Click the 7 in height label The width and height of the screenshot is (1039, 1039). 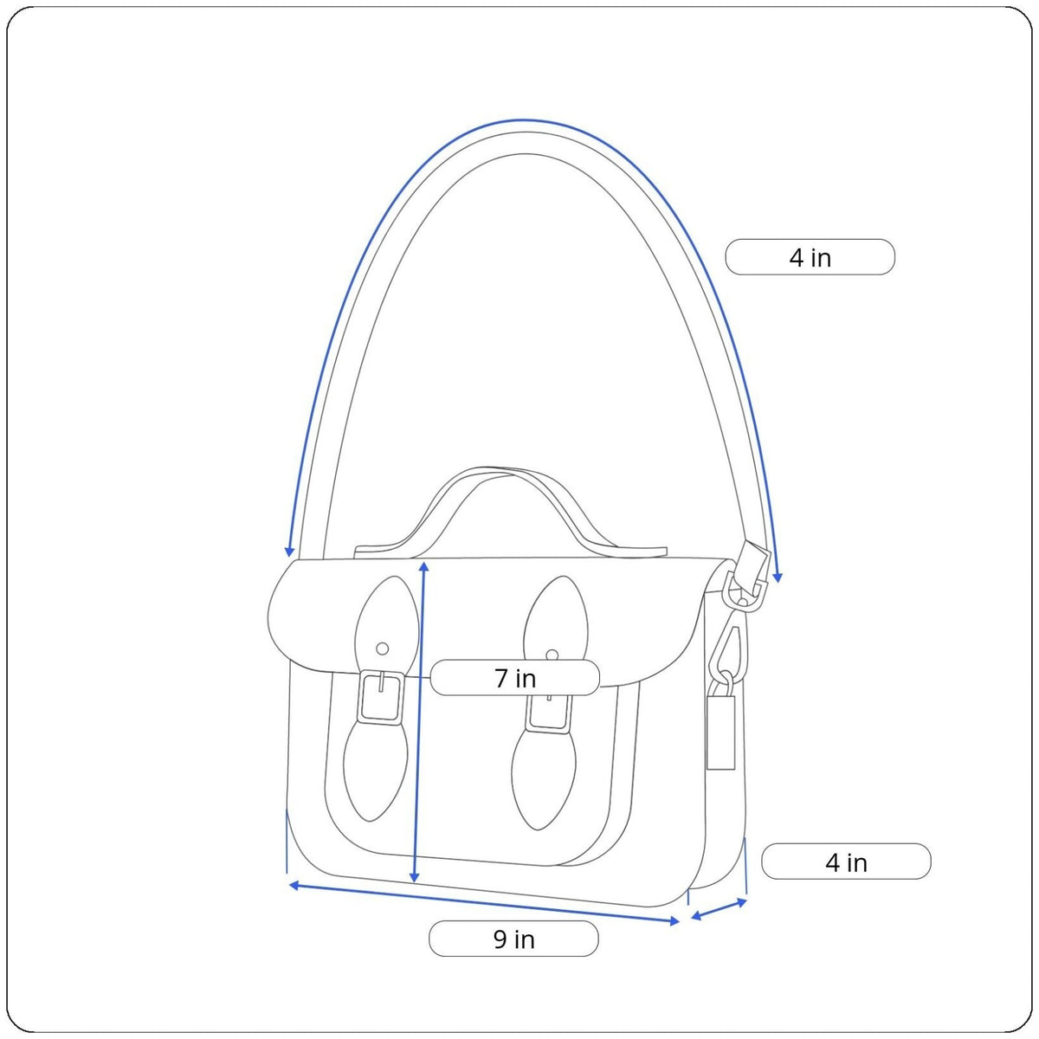(x=514, y=678)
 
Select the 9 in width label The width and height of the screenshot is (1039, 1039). (x=513, y=939)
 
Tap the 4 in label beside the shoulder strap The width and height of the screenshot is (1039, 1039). (x=810, y=257)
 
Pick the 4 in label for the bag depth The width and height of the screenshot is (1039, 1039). (x=846, y=862)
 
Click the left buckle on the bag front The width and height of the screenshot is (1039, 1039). (x=381, y=696)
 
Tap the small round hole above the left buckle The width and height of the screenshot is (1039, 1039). (x=383, y=649)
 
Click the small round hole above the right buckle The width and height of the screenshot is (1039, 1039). (x=552, y=655)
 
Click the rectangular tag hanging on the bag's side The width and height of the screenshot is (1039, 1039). (x=721, y=732)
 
